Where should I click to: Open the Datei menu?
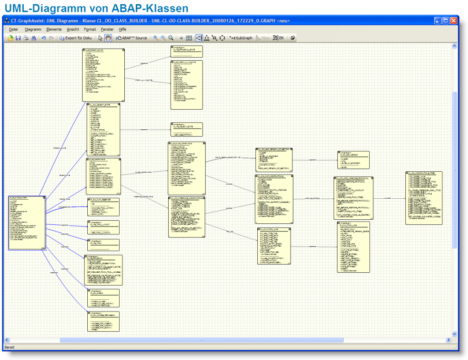point(13,29)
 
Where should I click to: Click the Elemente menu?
point(53,29)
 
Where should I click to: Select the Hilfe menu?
point(122,29)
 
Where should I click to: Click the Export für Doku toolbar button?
point(76,38)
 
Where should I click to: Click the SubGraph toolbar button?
point(241,38)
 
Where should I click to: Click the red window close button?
point(453,21)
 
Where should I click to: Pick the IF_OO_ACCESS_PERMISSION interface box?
point(103,321)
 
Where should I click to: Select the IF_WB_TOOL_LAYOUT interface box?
point(103,227)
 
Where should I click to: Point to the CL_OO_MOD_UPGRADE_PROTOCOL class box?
point(353,197)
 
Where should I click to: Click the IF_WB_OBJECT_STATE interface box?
point(186,129)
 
